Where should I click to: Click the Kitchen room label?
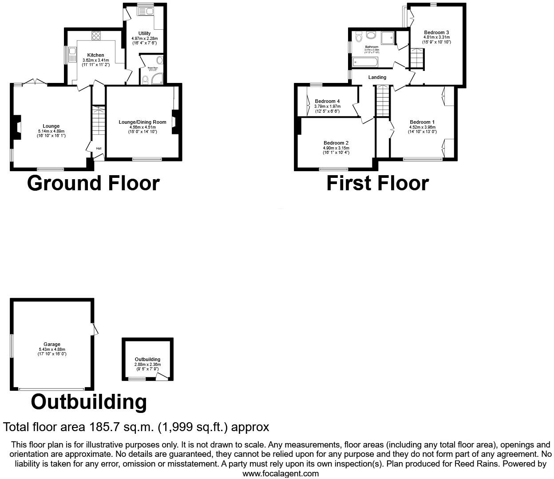pos(95,55)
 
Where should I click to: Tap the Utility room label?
pos(144,33)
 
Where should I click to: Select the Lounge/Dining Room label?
pos(142,122)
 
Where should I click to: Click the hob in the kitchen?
pos(96,35)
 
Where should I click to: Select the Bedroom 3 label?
pos(436,32)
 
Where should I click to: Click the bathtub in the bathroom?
pos(364,63)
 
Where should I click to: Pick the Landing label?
pos(377,77)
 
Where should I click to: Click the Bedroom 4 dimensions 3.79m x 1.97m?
pos(327,106)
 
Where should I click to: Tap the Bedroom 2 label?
pos(336,143)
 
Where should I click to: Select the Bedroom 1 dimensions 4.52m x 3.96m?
pos(422,127)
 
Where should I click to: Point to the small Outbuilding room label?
pos(147,359)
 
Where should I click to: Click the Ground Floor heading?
pos(93,183)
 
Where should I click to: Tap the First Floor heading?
pos(377,183)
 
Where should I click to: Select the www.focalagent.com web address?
pos(281,473)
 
